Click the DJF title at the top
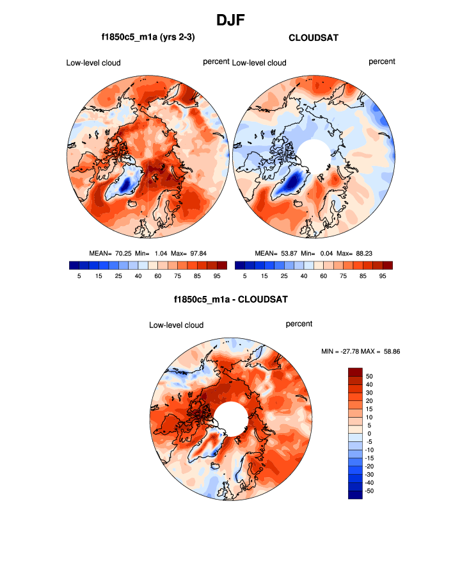(234, 20)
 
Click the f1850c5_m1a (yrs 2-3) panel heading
(148, 38)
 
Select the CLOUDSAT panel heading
(314, 38)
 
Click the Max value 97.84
(203, 253)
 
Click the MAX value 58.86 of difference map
(388, 351)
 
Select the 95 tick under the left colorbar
(216, 275)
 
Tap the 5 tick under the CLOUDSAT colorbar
(244, 275)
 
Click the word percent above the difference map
(299, 324)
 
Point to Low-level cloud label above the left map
(93, 63)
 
